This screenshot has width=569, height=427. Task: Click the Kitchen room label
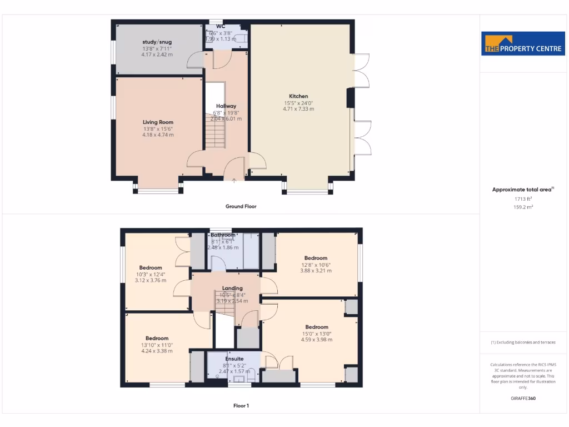tap(298, 96)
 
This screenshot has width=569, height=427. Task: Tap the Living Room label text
tap(158, 122)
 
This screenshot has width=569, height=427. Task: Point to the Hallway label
tap(226, 106)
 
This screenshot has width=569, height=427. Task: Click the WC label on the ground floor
tap(221, 26)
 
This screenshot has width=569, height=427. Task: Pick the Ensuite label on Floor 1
tap(234, 359)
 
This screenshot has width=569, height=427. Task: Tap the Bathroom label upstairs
tap(223, 235)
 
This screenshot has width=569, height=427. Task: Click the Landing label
tap(232, 288)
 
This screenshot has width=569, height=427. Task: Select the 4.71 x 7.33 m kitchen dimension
tap(298, 109)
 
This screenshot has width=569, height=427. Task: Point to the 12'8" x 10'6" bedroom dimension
tap(316, 265)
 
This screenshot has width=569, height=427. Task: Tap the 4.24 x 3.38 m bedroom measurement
tap(157, 351)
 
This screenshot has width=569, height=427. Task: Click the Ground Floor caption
tap(241, 206)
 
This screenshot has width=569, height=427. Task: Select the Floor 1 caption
tap(241, 406)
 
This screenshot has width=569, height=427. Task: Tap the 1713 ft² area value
tap(523, 198)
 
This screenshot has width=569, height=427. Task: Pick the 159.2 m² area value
tap(523, 207)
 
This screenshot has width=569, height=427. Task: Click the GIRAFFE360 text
tap(523, 398)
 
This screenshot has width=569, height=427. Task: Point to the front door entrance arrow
tap(234, 180)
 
